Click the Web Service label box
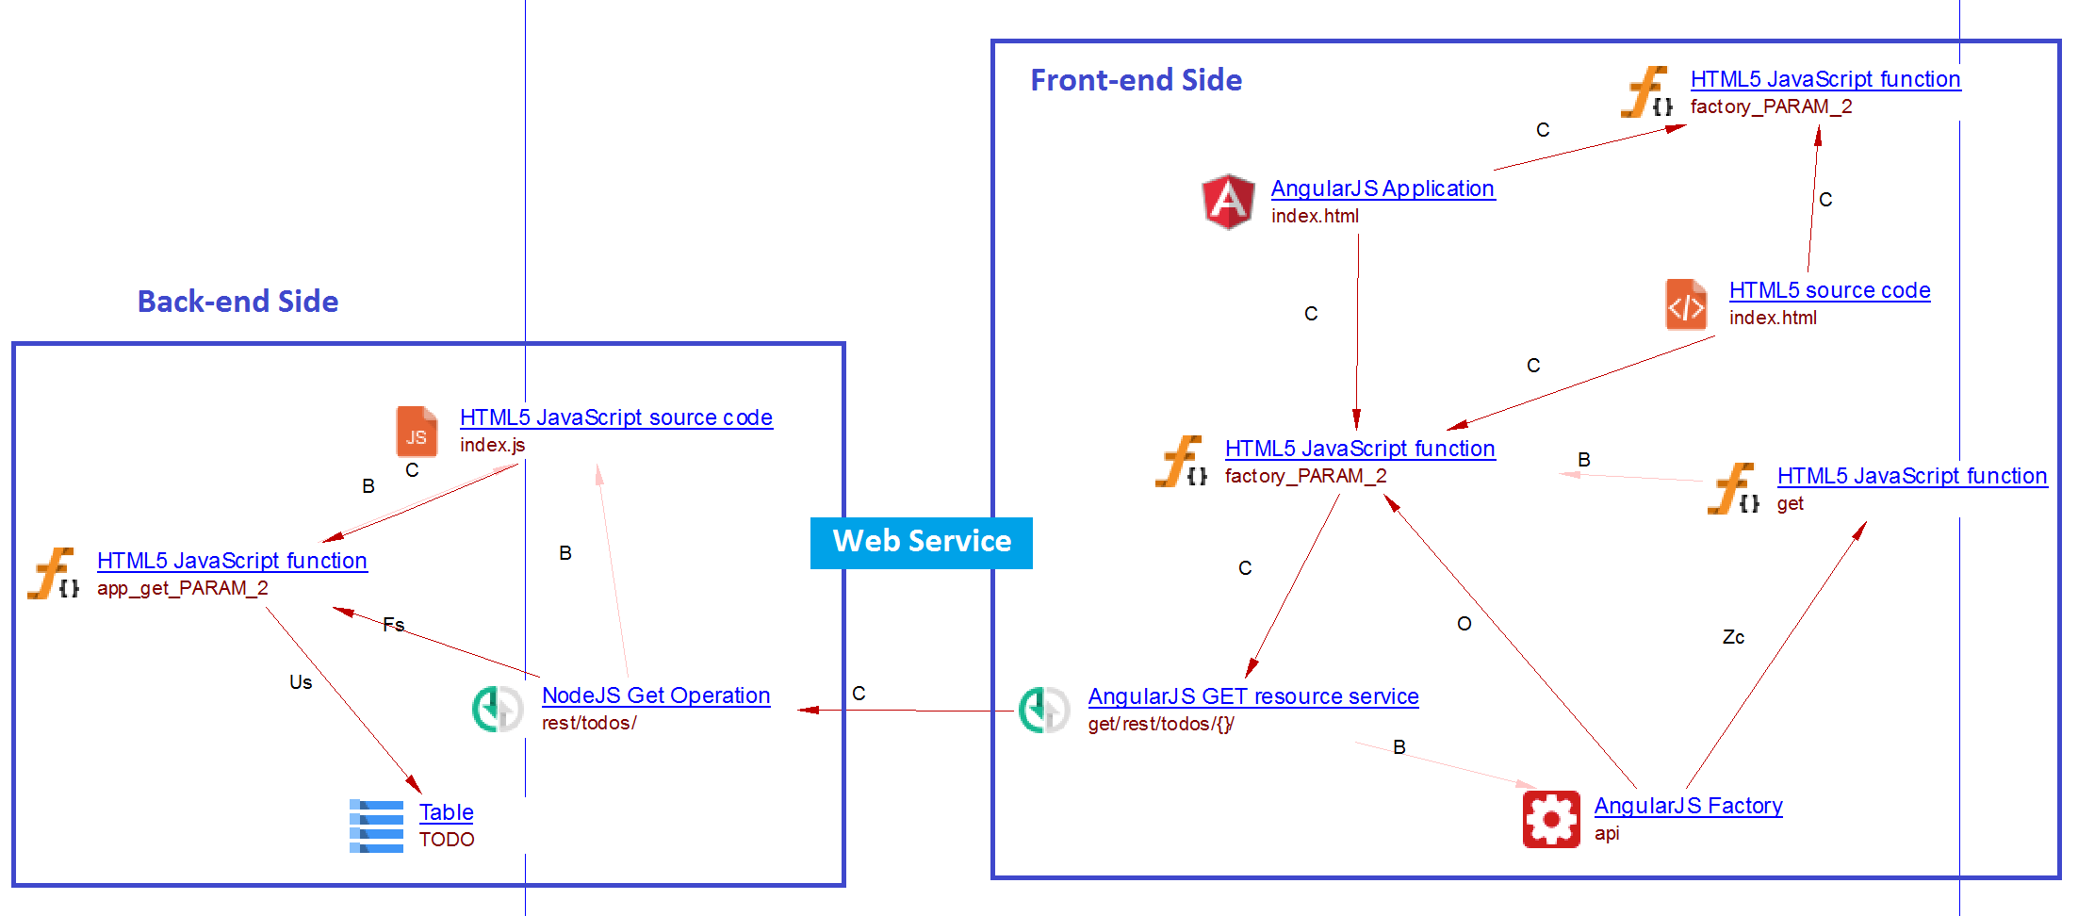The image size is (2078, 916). (921, 542)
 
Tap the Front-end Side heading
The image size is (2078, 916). (1136, 80)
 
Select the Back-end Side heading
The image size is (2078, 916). (237, 302)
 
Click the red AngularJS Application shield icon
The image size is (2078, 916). (1228, 201)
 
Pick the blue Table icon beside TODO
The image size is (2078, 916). (376, 826)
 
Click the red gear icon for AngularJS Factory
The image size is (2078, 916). (1550, 819)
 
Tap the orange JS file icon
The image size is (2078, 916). (417, 432)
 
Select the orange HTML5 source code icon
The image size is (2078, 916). (1685, 303)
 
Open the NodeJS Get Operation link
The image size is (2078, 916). (656, 695)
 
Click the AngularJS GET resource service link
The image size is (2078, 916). (1252, 696)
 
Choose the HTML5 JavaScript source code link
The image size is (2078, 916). (616, 417)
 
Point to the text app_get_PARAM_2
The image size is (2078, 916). (183, 588)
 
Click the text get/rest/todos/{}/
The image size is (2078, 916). (1161, 724)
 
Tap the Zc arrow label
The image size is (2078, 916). (1733, 638)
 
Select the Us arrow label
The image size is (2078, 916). (301, 682)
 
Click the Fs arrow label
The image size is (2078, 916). (394, 625)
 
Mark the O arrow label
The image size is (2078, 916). (1464, 624)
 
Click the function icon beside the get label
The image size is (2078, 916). (1732, 489)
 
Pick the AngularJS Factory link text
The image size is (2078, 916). (1688, 806)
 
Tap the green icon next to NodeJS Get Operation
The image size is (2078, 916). (497, 709)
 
